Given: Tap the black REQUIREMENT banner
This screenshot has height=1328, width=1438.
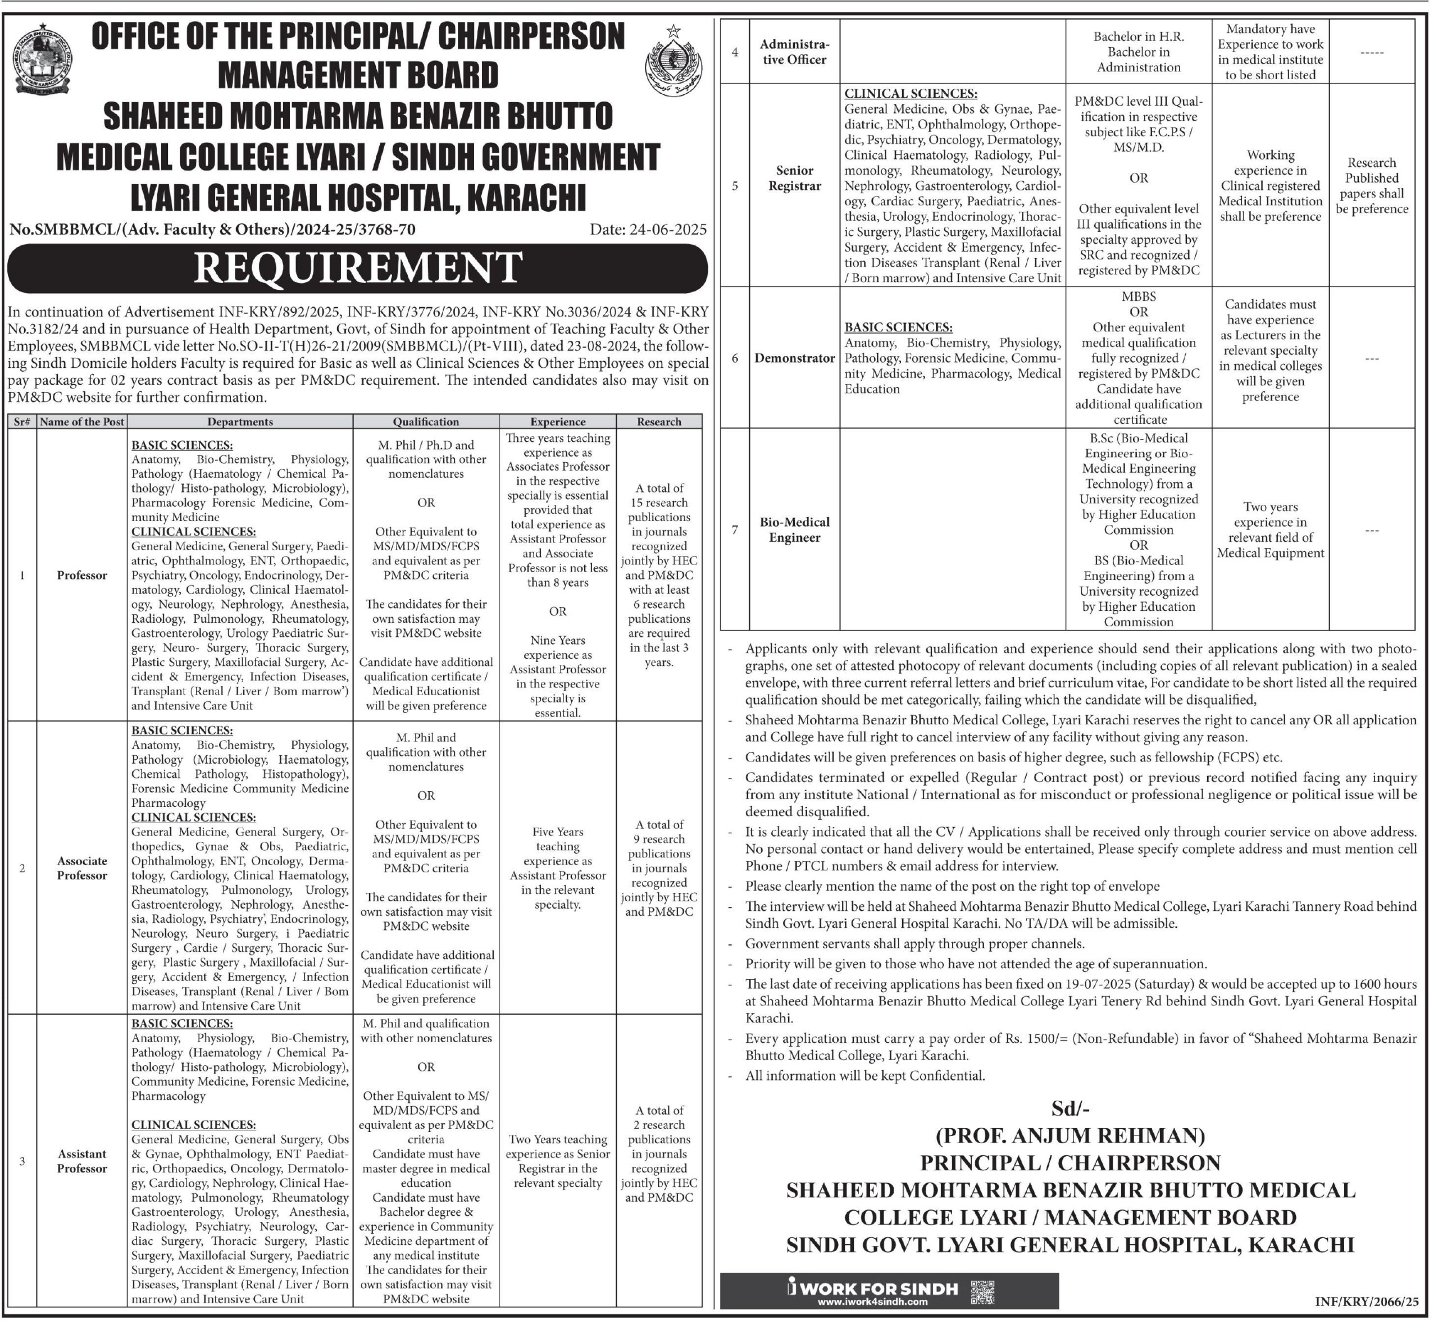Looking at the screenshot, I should [357, 268].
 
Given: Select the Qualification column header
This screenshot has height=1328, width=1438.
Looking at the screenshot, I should [426, 422].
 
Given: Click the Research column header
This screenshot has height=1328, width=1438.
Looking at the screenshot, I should [658, 422].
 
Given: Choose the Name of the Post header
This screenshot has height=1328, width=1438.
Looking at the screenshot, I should [82, 422].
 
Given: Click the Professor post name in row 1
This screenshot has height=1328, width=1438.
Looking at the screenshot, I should [82, 575].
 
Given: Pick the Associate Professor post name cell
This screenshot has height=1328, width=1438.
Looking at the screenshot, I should [82, 868].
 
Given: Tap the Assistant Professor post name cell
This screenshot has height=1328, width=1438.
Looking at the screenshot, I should [82, 1161].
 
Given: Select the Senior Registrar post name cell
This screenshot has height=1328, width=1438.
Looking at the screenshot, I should [794, 178].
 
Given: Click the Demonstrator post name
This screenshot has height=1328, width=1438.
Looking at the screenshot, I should [794, 358].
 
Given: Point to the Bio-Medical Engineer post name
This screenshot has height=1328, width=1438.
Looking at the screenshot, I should [794, 530].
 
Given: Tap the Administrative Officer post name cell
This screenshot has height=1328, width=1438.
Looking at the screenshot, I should [794, 52].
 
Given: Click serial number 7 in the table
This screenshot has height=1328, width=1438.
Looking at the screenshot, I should [734, 530].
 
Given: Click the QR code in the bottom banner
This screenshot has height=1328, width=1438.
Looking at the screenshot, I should [982, 1292].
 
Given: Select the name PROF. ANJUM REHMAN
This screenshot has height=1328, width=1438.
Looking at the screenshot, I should [1070, 1135].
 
